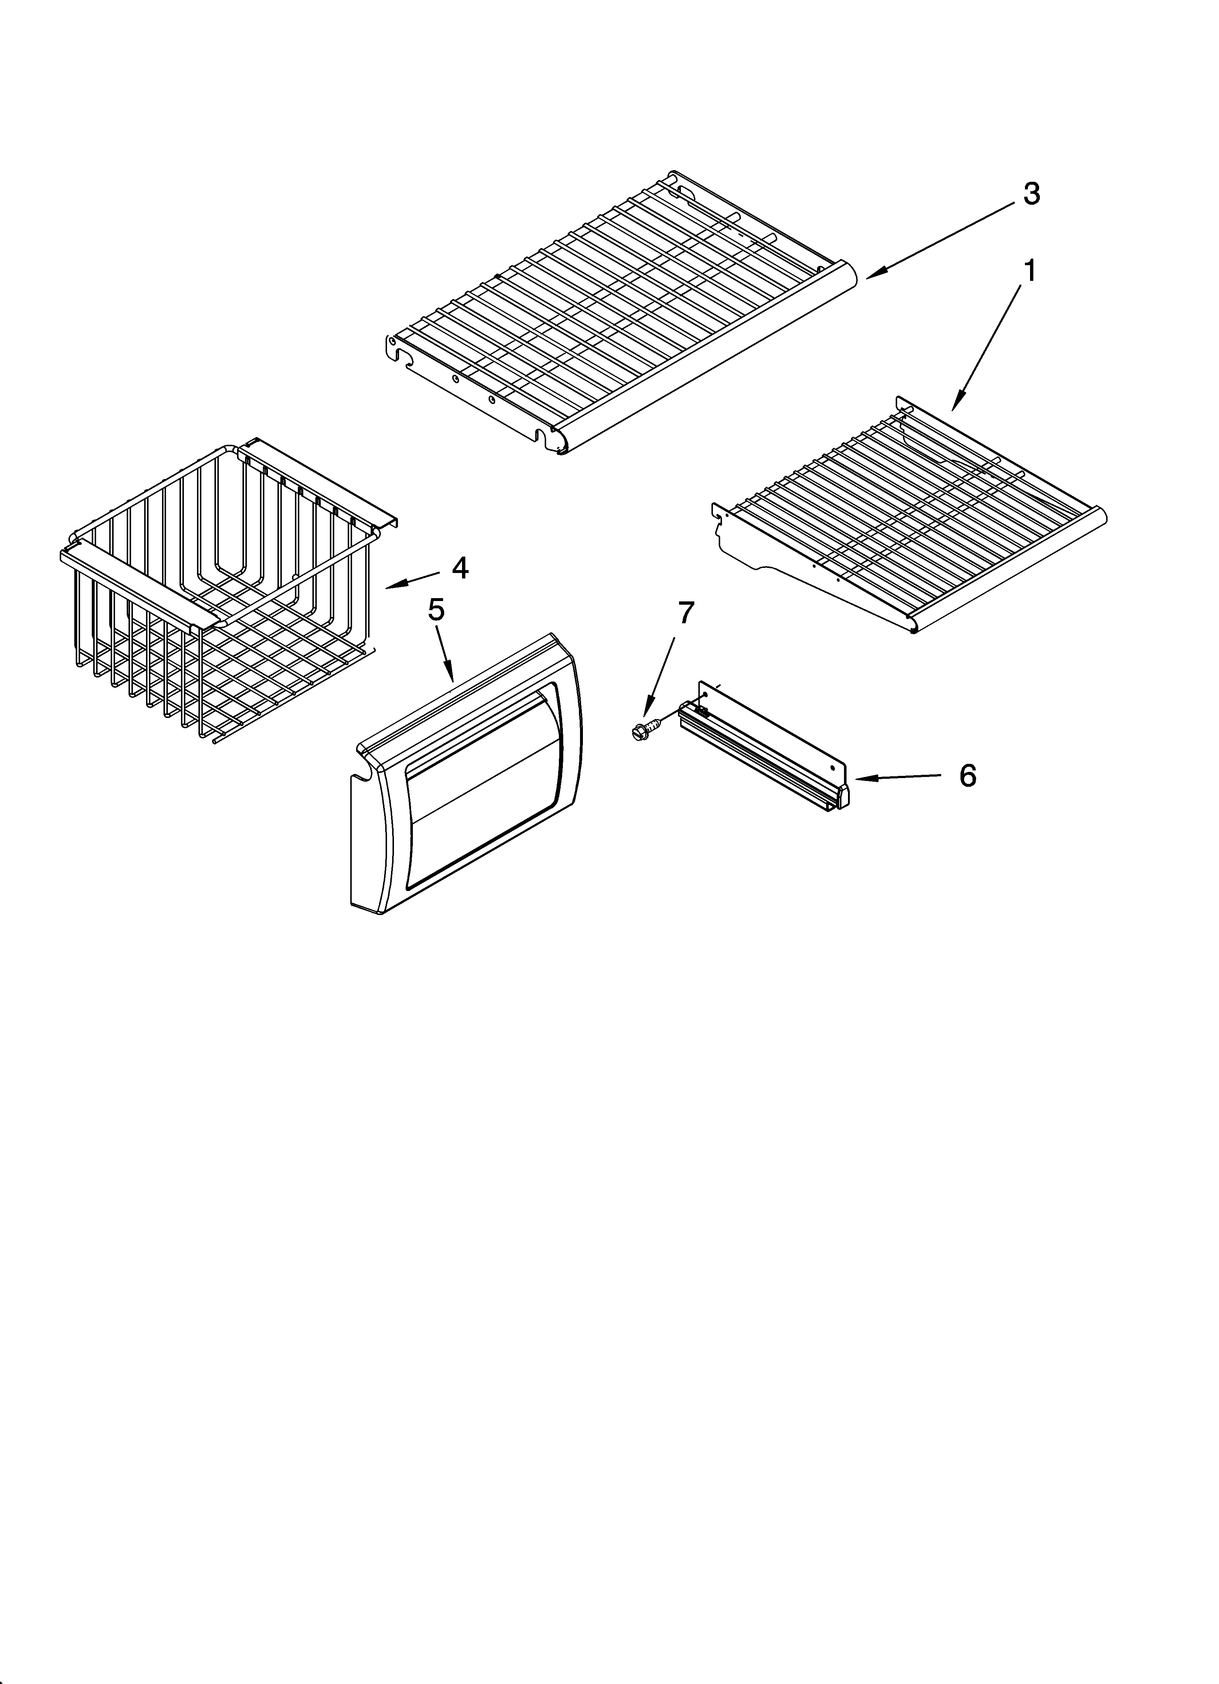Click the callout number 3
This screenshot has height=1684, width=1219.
[1031, 194]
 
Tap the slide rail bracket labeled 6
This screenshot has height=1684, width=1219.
[765, 750]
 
